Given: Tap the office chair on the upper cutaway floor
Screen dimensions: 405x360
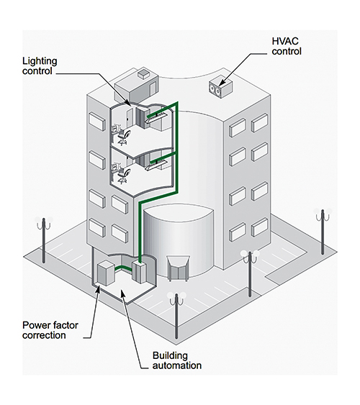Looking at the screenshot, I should (123, 136).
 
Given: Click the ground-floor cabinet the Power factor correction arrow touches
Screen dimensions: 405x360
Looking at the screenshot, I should (107, 276).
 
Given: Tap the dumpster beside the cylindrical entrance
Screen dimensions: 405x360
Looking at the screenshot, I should (177, 268).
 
